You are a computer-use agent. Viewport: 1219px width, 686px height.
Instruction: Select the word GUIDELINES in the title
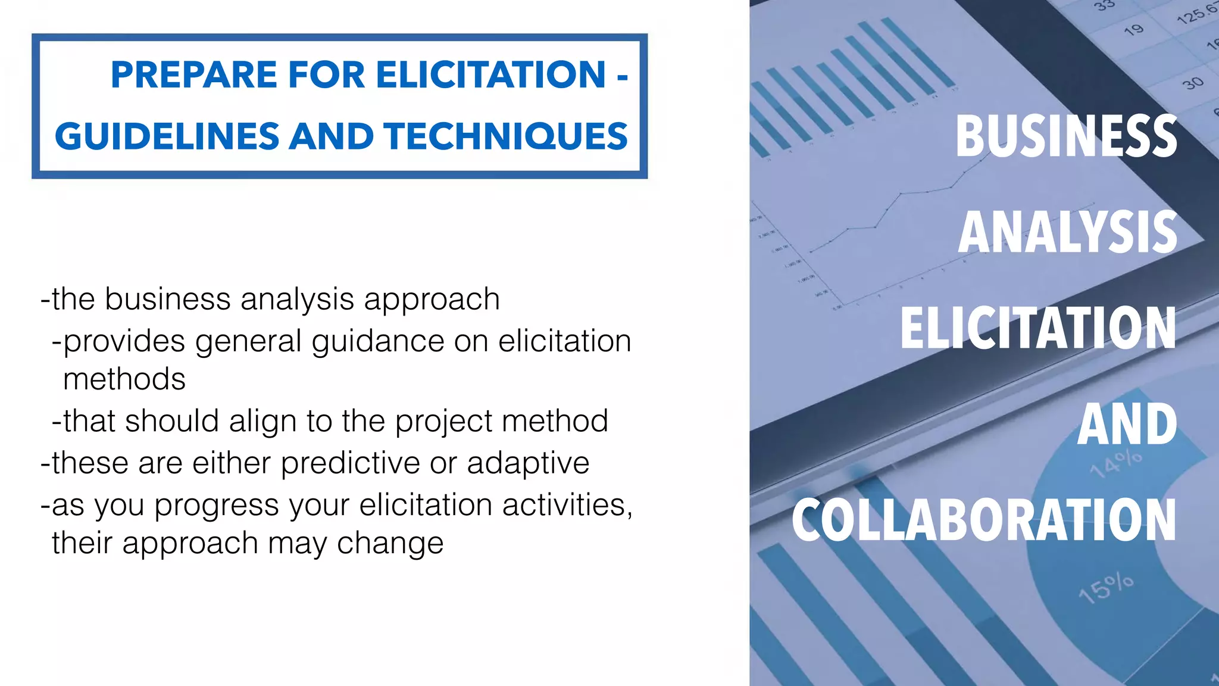[167, 136]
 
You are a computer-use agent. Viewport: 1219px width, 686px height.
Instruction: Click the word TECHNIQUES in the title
[505, 136]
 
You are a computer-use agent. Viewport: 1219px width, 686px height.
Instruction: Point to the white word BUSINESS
[1066, 136]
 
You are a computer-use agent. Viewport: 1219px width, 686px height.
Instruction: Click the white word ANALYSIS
[1068, 232]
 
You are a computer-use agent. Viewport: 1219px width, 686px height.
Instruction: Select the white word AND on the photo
[1127, 424]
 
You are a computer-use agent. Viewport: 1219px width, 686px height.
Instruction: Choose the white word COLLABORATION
[984, 520]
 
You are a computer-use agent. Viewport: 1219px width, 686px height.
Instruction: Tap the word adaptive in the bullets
[528, 463]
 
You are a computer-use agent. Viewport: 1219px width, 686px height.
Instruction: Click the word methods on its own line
[124, 379]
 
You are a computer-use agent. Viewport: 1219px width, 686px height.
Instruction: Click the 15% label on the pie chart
[1106, 588]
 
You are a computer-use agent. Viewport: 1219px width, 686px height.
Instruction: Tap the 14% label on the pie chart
[1116, 463]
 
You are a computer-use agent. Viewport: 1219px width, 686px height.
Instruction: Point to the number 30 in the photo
[1193, 83]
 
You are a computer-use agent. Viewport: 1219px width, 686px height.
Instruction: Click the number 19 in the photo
[1134, 29]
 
